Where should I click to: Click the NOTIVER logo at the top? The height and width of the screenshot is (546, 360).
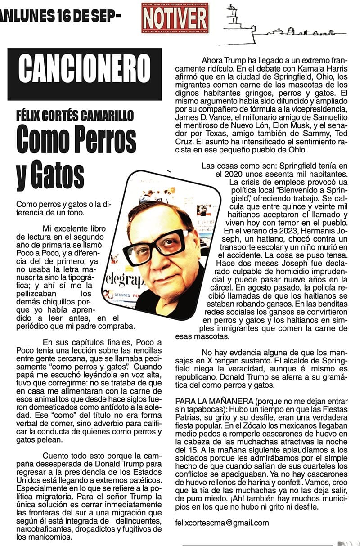tap(175, 18)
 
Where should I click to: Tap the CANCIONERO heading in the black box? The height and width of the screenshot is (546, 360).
tap(85, 74)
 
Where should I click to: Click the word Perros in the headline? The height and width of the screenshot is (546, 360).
tap(102, 141)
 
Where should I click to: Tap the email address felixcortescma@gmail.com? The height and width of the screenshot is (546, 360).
tap(222, 523)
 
